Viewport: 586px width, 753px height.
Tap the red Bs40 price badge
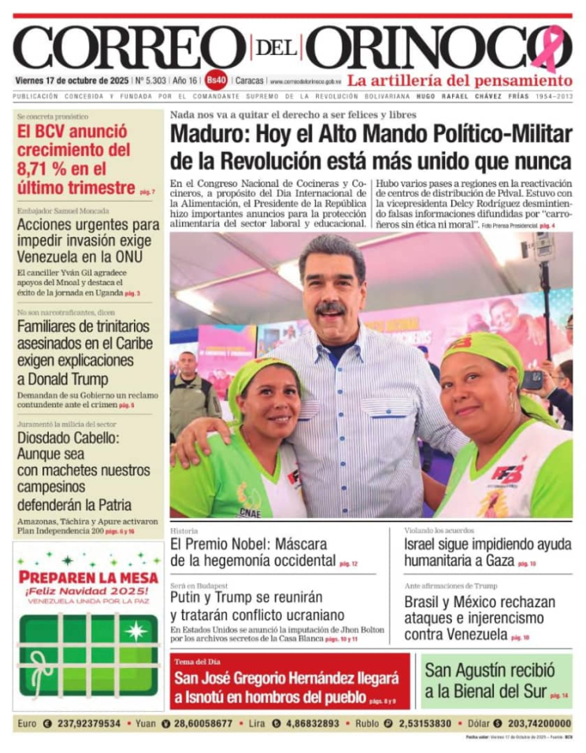[x=217, y=80]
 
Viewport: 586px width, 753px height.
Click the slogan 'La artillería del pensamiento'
[x=460, y=80]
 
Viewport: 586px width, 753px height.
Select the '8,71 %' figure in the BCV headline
[x=45, y=169]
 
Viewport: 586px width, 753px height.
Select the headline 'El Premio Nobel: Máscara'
[x=252, y=544]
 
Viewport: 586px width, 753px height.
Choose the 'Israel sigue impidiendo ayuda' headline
[x=488, y=544]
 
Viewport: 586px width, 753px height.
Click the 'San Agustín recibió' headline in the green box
[x=489, y=671]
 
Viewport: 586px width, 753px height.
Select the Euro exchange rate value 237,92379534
[x=87, y=723]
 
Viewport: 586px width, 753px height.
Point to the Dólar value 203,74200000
[x=540, y=723]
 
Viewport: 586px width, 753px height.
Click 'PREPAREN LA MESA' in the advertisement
[x=87, y=577]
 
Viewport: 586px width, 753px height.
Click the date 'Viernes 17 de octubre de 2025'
[x=72, y=80]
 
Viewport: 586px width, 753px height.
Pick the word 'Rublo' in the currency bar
[x=367, y=723]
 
